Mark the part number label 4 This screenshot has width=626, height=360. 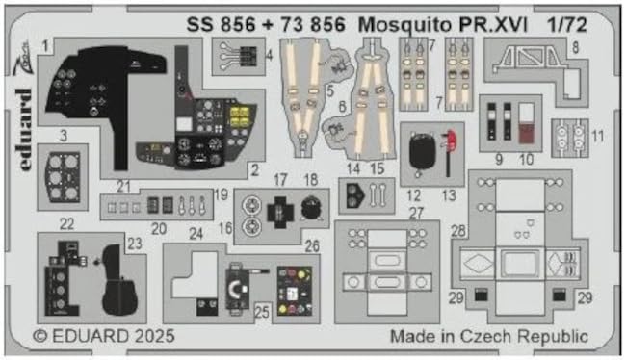pyautogui.click(x=268, y=54)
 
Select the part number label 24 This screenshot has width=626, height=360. pyautogui.click(x=196, y=232)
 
